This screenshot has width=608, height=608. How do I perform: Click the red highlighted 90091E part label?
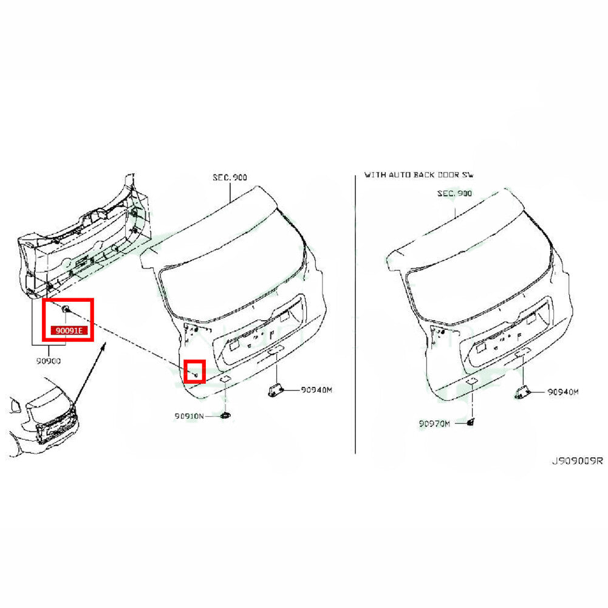[x=69, y=331]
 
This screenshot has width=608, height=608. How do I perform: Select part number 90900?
[x=49, y=361]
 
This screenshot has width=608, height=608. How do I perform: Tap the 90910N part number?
[x=189, y=416]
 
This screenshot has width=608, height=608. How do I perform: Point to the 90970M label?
[x=434, y=424]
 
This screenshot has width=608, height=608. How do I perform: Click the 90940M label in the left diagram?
[x=316, y=390]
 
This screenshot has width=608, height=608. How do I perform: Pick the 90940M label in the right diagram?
[x=563, y=392]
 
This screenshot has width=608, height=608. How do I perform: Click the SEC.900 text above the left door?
[x=230, y=177]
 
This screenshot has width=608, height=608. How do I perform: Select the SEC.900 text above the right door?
[x=454, y=193]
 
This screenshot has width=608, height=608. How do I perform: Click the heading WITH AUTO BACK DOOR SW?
[x=418, y=175]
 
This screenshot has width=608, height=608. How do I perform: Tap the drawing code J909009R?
[x=578, y=460]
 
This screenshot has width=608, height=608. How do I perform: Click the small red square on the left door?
[x=194, y=372]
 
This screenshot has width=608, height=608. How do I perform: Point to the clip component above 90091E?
[x=66, y=309]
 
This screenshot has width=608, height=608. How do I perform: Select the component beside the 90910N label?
[x=225, y=416]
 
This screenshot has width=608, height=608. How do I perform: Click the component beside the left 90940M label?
[x=275, y=391]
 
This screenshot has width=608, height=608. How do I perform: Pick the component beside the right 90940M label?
[x=522, y=393]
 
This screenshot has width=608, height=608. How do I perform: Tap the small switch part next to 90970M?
[x=471, y=423]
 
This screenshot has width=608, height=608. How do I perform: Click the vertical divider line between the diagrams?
[x=355, y=314]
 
